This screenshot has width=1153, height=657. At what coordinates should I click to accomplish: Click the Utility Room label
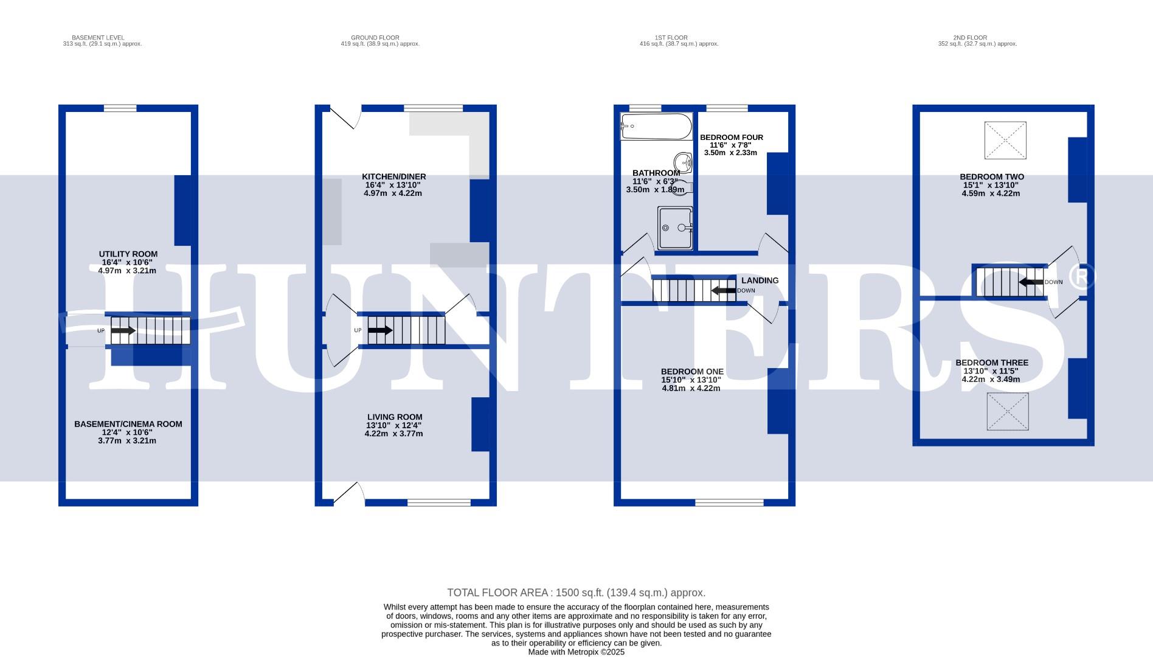128,254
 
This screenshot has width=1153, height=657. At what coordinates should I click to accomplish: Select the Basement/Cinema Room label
128,424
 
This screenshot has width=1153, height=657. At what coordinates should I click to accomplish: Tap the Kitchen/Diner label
393,177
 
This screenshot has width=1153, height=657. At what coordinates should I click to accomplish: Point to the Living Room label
394,417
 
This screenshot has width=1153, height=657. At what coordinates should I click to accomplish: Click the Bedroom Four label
731,137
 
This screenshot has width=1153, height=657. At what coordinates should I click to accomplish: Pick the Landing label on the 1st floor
760,280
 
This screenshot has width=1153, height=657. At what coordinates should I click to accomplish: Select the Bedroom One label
692,372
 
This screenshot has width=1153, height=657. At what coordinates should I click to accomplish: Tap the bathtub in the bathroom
656,127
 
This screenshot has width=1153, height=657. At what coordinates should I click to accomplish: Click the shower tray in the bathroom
675,228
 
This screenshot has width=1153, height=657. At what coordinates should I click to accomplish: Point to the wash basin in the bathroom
684,162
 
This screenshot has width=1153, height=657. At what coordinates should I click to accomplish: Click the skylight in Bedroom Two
1005,141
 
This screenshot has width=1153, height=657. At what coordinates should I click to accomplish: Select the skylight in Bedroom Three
1008,412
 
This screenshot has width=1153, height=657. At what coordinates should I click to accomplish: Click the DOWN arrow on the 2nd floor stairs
1031,282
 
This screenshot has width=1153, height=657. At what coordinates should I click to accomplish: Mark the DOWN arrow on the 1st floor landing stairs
724,290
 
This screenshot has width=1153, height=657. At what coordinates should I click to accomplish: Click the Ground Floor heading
375,38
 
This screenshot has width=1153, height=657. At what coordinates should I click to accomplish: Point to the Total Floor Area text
576,593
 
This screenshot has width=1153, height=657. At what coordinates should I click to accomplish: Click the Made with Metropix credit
576,652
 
